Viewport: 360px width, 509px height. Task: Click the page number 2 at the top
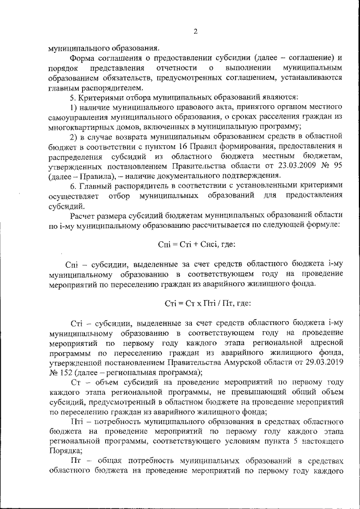195,31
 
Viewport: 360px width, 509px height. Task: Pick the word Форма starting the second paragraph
83,58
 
